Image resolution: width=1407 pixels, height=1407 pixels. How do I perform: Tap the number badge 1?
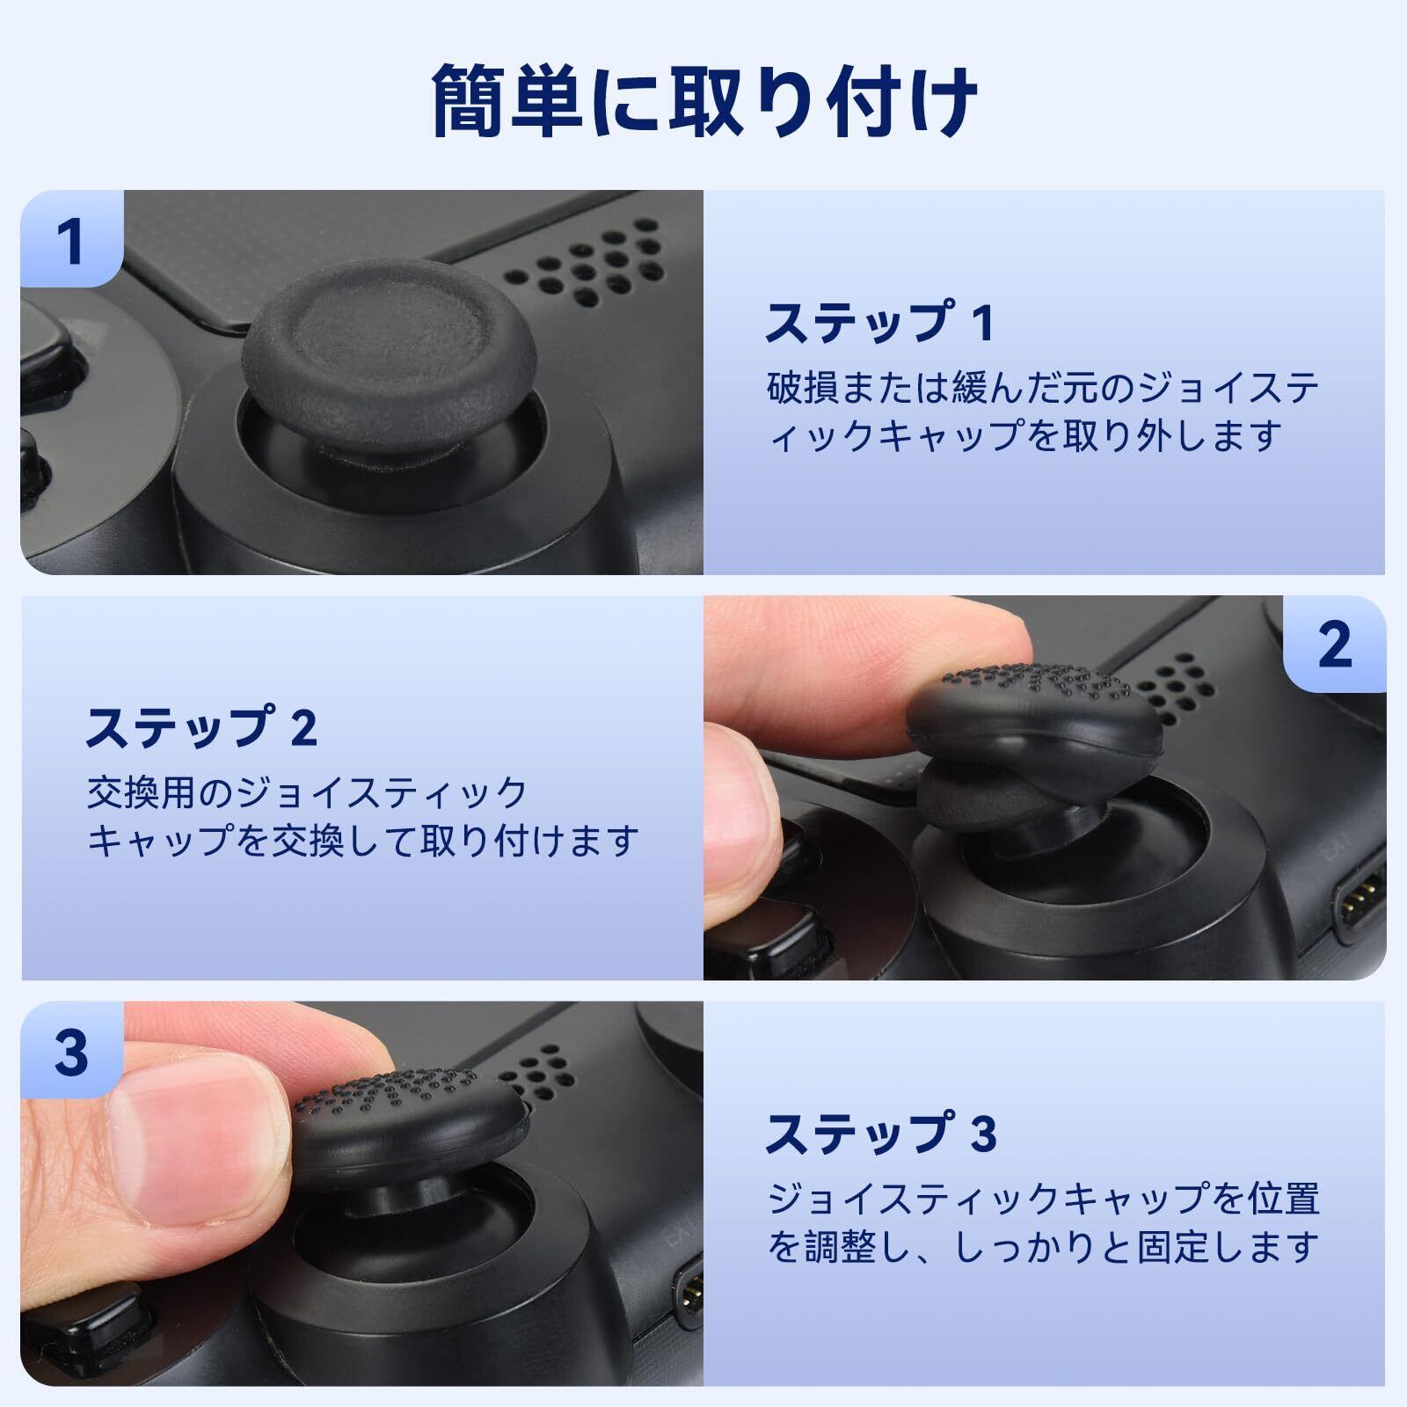(71, 239)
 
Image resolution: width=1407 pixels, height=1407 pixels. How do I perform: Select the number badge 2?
(1334, 645)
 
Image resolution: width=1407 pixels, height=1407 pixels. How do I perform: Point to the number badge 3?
(71, 1050)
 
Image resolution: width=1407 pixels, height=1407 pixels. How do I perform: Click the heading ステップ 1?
(880, 323)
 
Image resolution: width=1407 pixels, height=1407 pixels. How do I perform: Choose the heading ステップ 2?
(201, 726)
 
